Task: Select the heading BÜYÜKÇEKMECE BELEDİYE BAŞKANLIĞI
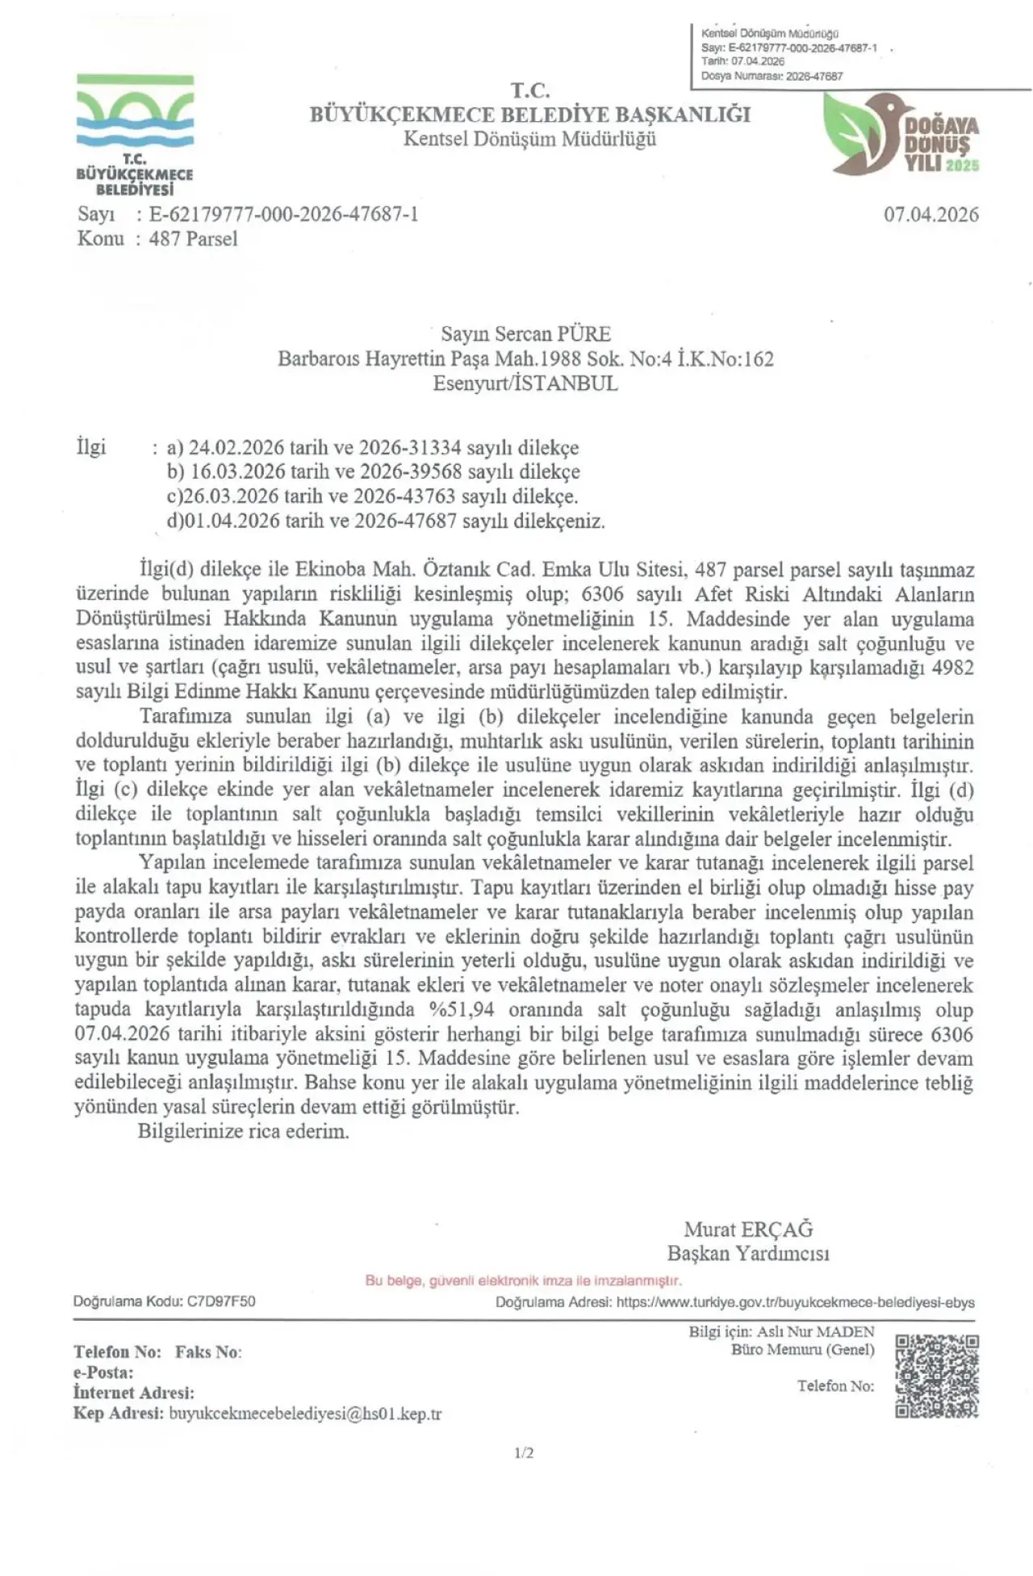tap(529, 115)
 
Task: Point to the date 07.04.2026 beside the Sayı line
tap(931, 215)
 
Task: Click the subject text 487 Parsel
tap(193, 239)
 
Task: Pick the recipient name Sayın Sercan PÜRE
tap(525, 334)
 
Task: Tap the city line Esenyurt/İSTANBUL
tap(525, 384)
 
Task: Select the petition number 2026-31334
tap(409, 448)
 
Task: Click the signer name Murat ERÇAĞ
tap(748, 1230)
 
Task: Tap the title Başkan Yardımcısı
tap(748, 1254)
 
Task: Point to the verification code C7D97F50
tap(221, 1301)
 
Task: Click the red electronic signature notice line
tap(523, 1280)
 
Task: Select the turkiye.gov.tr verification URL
tap(795, 1302)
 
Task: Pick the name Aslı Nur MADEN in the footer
tap(815, 1332)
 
